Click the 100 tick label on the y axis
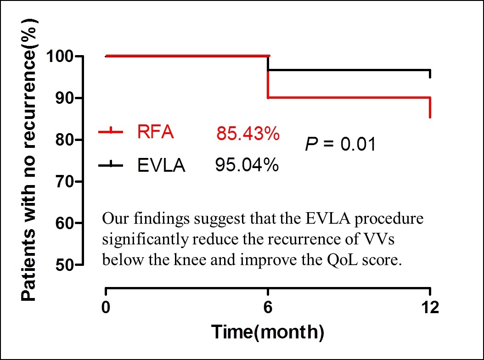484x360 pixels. tap(60, 56)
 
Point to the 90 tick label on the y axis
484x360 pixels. tap(64, 98)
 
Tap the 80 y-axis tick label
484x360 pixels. tap(64, 140)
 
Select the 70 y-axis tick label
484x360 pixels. tap(64, 182)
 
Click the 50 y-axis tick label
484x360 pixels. tap(64, 265)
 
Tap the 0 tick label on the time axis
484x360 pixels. tap(106, 307)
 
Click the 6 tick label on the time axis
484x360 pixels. tap(268, 307)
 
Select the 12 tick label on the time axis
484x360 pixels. tap(430, 307)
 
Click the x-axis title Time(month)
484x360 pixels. tap(268, 332)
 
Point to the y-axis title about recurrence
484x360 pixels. tap(29, 160)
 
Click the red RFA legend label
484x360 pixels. tap(156, 132)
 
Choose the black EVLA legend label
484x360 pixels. tap(161, 165)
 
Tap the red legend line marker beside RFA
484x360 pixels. tap(111, 132)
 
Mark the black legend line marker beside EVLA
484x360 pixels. tap(111, 165)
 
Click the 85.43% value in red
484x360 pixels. tap(248, 133)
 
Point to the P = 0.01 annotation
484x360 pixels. tap(340, 144)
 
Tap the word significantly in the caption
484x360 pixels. tap(145, 240)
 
